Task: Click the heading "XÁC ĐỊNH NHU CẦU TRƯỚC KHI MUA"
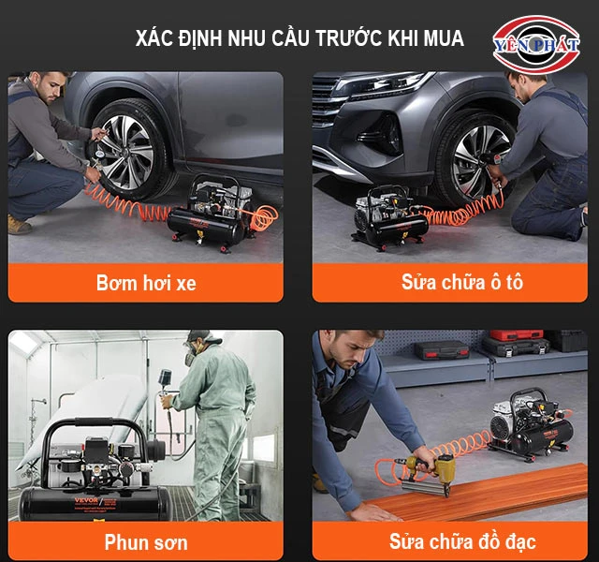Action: [x=299, y=38]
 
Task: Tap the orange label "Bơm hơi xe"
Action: [x=146, y=282]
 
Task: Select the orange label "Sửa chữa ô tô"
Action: [x=449, y=282]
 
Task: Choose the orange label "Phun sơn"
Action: [x=146, y=541]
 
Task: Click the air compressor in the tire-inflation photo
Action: [x=213, y=212]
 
